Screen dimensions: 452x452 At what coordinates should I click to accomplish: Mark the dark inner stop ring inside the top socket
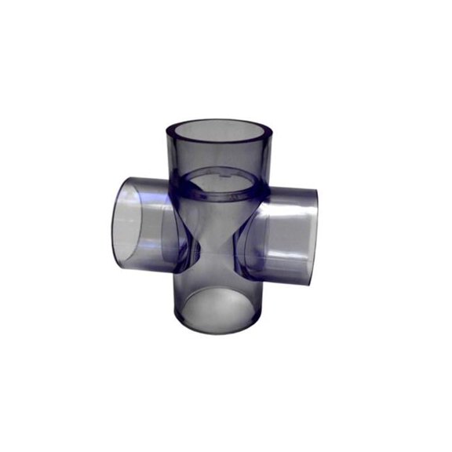(220, 187)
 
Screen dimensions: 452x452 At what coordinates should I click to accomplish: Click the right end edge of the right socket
(316, 235)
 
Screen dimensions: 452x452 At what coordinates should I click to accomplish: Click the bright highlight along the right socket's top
(290, 196)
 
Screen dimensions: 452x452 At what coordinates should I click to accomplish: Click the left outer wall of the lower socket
(177, 302)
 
